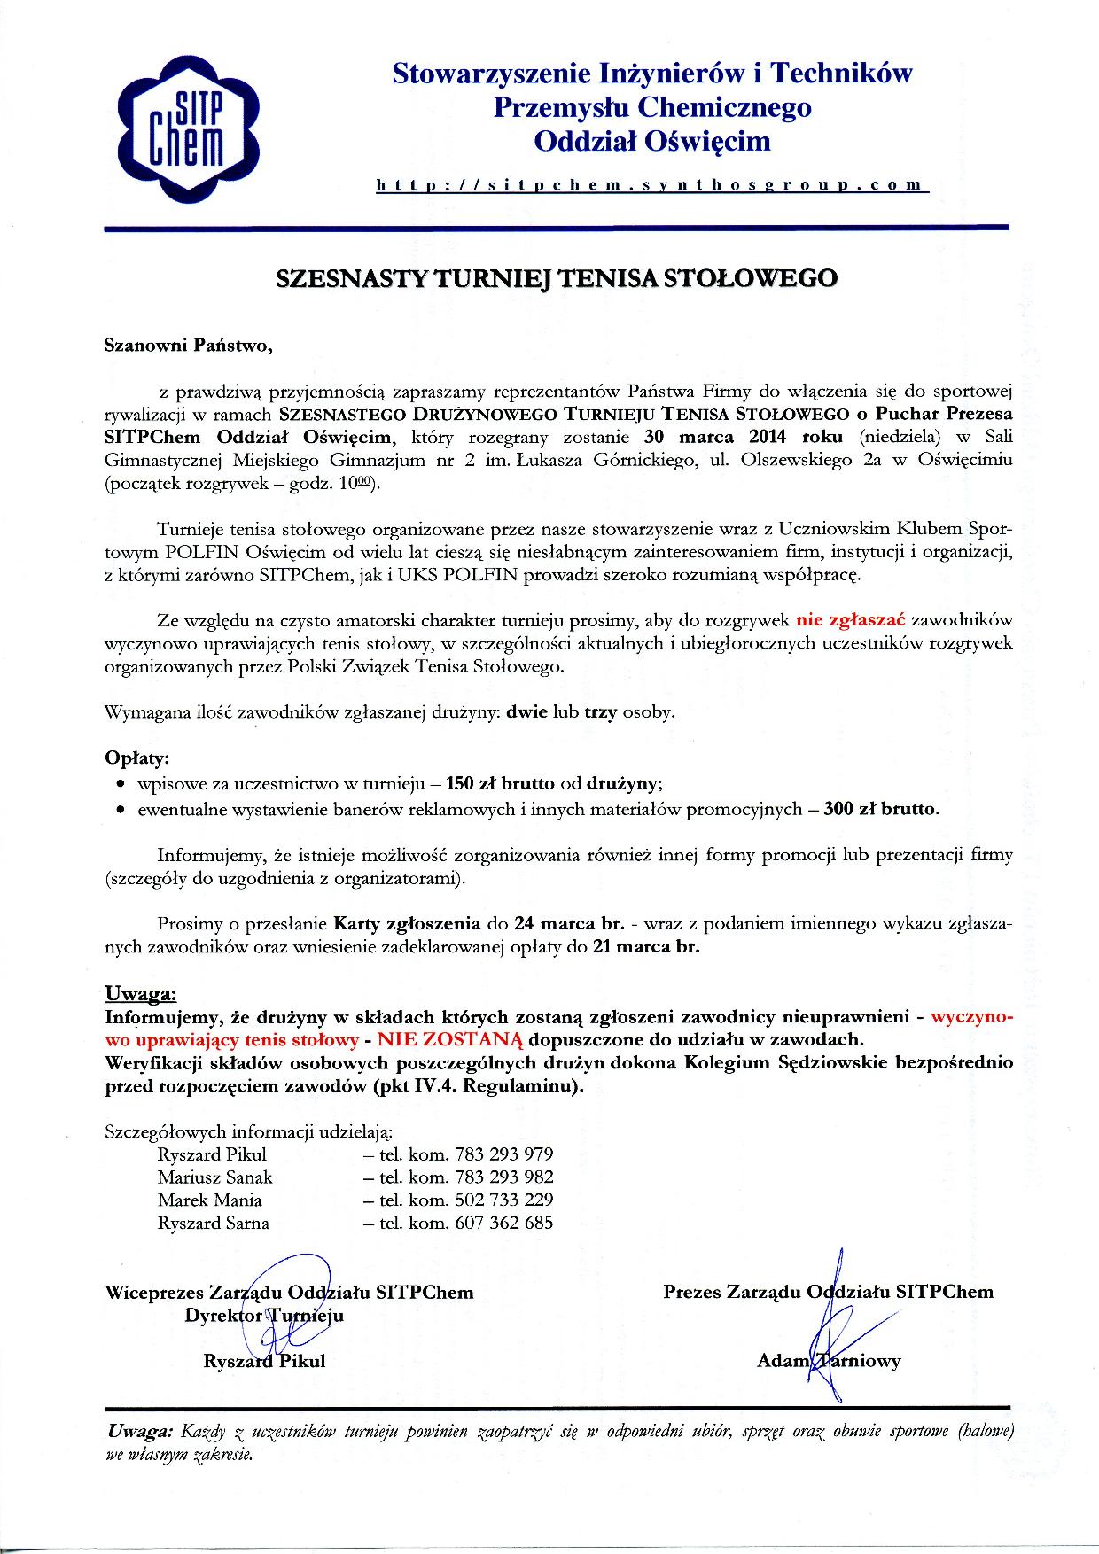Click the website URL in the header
pos(651,185)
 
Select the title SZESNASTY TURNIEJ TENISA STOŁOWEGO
pos(557,278)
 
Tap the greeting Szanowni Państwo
pos(189,346)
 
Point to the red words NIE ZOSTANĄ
pos(451,1038)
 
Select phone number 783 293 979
pos(503,1154)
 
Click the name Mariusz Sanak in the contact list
pos(215,1177)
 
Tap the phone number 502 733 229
pos(503,1200)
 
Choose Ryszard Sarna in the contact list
pos(214,1224)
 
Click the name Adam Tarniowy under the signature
pos(828,1361)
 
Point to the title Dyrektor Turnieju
pos(264,1316)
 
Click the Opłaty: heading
pos(136,759)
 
